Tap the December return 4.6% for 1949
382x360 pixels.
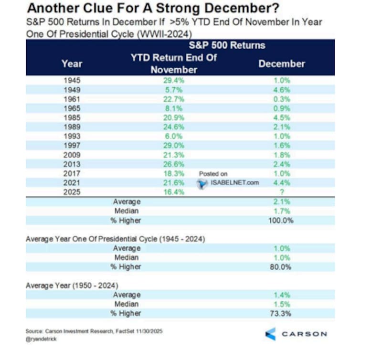pyautogui.click(x=282, y=90)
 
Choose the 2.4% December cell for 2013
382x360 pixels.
pyautogui.click(x=282, y=164)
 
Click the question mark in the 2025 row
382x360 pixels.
pyautogui.click(x=282, y=192)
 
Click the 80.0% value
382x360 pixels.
pyautogui.click(x=281, y=267)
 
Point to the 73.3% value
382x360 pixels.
pyautogui.click(x=281, y=314)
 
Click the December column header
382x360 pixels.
pyautogui.click(x=282, y=64)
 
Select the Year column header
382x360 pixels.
pyautogui.click(x=72, y=64)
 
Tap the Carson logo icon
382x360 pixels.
pyautogui.click(x=270, y=334)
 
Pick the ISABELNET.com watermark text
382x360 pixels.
pyautogui.click(x=232, y=182)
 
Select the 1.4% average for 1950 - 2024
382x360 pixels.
pyautogui.click(x=282, y=295)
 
